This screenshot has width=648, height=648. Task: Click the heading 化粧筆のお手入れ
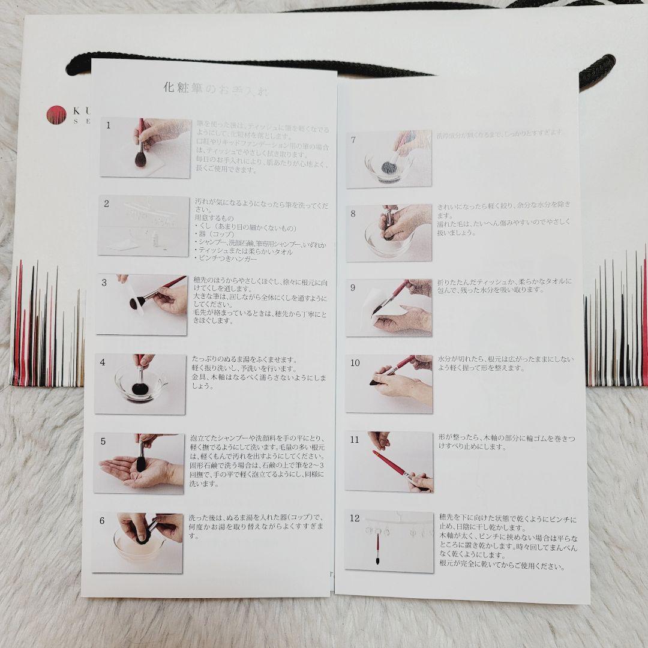tap(216, 89)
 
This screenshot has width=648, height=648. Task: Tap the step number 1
tap(109, 125)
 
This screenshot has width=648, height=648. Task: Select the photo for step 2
tap(143, 226)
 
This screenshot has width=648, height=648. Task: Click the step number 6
tap(102, 521)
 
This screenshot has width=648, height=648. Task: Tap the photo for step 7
tap(389, 158)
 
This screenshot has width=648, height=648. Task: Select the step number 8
tap(353, 213)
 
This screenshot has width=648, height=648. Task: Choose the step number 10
tap(355, 363)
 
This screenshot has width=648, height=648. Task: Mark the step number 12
tap(355, 517)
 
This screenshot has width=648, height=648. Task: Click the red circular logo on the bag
tap(54, 114)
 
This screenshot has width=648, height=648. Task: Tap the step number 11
tap(355, 440)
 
